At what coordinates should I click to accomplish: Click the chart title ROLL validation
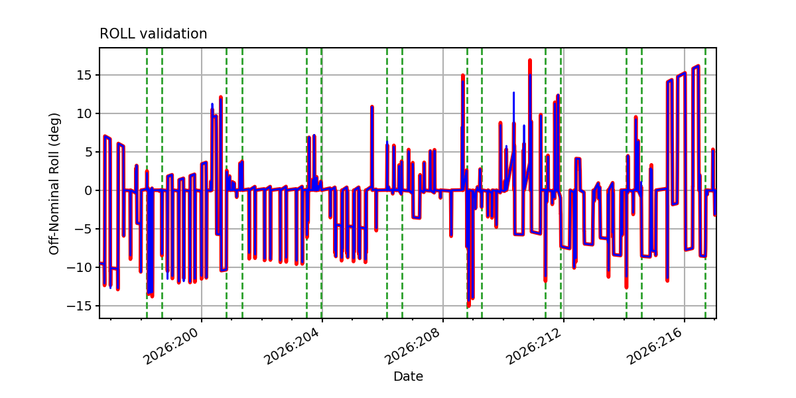tap(153, 34)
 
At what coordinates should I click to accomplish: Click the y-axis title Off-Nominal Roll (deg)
tap(54, 184)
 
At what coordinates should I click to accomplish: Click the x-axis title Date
tap(408, 376)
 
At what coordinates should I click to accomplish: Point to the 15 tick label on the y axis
tap(84, 76)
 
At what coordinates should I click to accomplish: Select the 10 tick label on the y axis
tap(84, 113)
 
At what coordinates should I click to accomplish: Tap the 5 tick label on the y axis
tap(88, 152)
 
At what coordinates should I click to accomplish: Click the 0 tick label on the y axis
tap(88, 190)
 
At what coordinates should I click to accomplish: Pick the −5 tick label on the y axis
tap(83, 229)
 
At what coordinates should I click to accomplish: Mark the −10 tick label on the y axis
tap(79, 267)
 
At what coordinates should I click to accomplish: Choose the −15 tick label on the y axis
tap(79, 306)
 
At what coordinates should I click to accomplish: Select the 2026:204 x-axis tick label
tap(293, 346)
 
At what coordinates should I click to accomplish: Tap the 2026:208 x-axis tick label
tap(413, 346)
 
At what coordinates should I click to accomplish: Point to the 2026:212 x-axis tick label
tap(534, 346)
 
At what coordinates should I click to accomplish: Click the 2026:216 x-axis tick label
tap(655, 346)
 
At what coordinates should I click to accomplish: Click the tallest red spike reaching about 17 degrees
tap(530, 62)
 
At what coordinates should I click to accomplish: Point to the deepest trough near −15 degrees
tap(469, 305)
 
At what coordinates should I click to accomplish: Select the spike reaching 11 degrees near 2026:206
tap(372, 107)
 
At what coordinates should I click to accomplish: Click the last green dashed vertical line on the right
tap(705, 183)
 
